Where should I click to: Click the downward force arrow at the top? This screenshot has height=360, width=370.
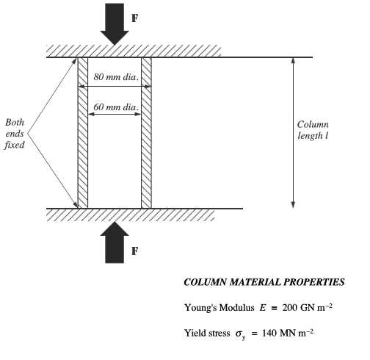[x=115, y=24]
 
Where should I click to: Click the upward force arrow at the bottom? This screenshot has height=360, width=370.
[x=115, y=242]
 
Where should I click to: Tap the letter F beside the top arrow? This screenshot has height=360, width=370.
[x=135, y=18]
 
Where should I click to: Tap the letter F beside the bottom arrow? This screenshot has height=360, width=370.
[x=135, y=251]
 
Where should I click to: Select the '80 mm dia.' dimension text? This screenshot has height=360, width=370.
[x=116, y=77]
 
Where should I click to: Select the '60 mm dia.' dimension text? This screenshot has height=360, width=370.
[x=116, y=107]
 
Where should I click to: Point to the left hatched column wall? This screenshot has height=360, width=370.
[x=83, y=133]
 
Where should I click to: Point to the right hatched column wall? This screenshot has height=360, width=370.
[x=146, y=133]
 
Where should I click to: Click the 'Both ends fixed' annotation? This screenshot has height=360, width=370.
[x=15, y=134]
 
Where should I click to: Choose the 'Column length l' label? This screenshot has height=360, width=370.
[x=313, y=130]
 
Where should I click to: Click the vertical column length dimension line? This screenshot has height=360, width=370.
[x=293, y=133]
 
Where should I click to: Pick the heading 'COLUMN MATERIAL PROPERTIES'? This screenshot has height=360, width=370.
[x=264, y=282]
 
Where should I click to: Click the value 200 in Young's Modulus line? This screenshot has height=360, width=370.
[x=289, y=307]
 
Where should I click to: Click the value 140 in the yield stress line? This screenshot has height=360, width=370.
[x=269, y=333]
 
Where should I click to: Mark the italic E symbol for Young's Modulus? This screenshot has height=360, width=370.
[x=263, y=307]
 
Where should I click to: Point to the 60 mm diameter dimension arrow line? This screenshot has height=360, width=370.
[x=115, y=114]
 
